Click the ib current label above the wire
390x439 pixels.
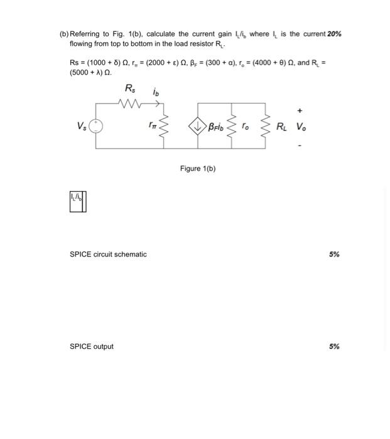(x=156, y=92)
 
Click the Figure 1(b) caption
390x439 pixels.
(x=198, y=169)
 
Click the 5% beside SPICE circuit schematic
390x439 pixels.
(x=334, y=255)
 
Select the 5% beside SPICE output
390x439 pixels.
(x=334, y=346)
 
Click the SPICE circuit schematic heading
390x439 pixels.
(x=108, y=255)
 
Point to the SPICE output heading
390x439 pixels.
(x=92, y=346)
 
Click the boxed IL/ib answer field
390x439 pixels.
(x=79, y=201)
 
